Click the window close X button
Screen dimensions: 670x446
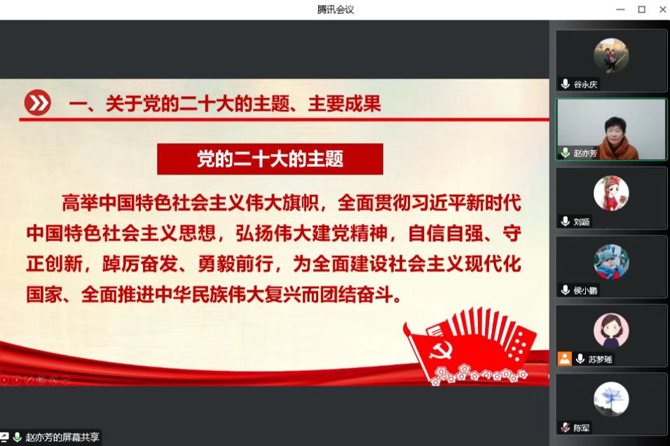point(662,9)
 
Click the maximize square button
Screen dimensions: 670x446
point(641,9)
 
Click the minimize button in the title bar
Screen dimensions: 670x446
point(620,9)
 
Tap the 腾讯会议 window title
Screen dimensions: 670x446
point(336,9)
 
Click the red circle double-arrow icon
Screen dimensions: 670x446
point(38,102)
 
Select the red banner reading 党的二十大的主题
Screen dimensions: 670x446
point(270,159)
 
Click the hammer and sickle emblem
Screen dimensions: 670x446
point(440,351)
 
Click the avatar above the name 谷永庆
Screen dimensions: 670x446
point(611,55)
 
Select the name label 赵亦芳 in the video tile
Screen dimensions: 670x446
point(585,153)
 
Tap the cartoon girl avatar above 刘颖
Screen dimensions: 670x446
point(611,193)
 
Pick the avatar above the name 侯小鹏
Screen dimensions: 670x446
point(611,262)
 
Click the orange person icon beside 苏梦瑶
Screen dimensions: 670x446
point(564,359)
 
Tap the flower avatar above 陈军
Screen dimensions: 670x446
point(611,399)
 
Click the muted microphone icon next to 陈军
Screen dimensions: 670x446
point(566,427)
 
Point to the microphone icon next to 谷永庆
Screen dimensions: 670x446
point(566,84)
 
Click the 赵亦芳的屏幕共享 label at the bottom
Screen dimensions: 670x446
point(62,437)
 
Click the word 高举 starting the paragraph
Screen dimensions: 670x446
point(80,203)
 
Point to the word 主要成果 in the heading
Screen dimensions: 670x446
point(344,104)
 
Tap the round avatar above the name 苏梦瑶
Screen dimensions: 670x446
point(611,330)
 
